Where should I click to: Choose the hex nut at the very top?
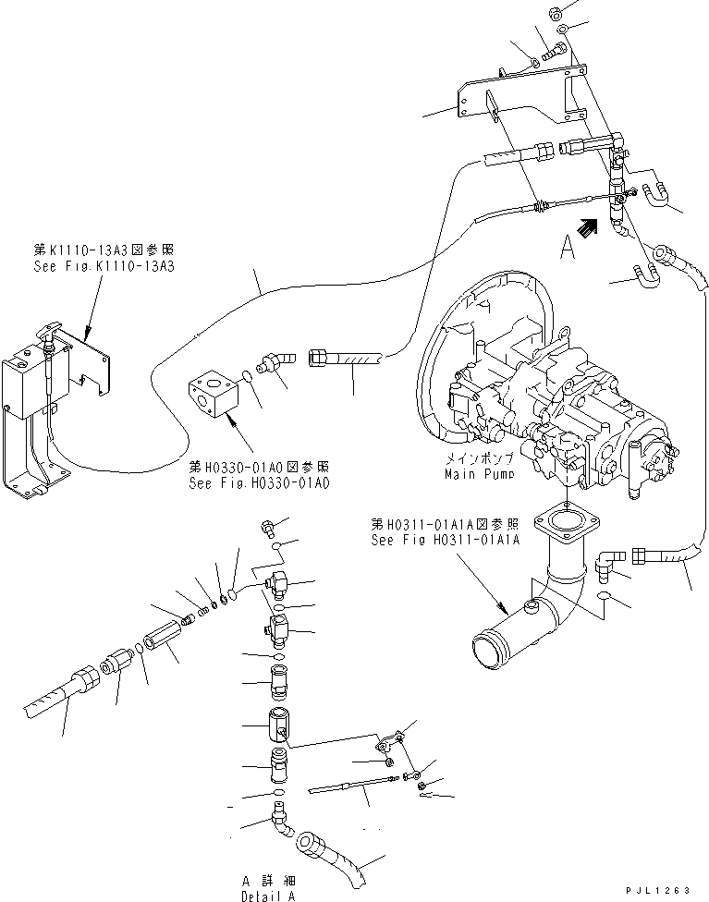pos(556,13)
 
